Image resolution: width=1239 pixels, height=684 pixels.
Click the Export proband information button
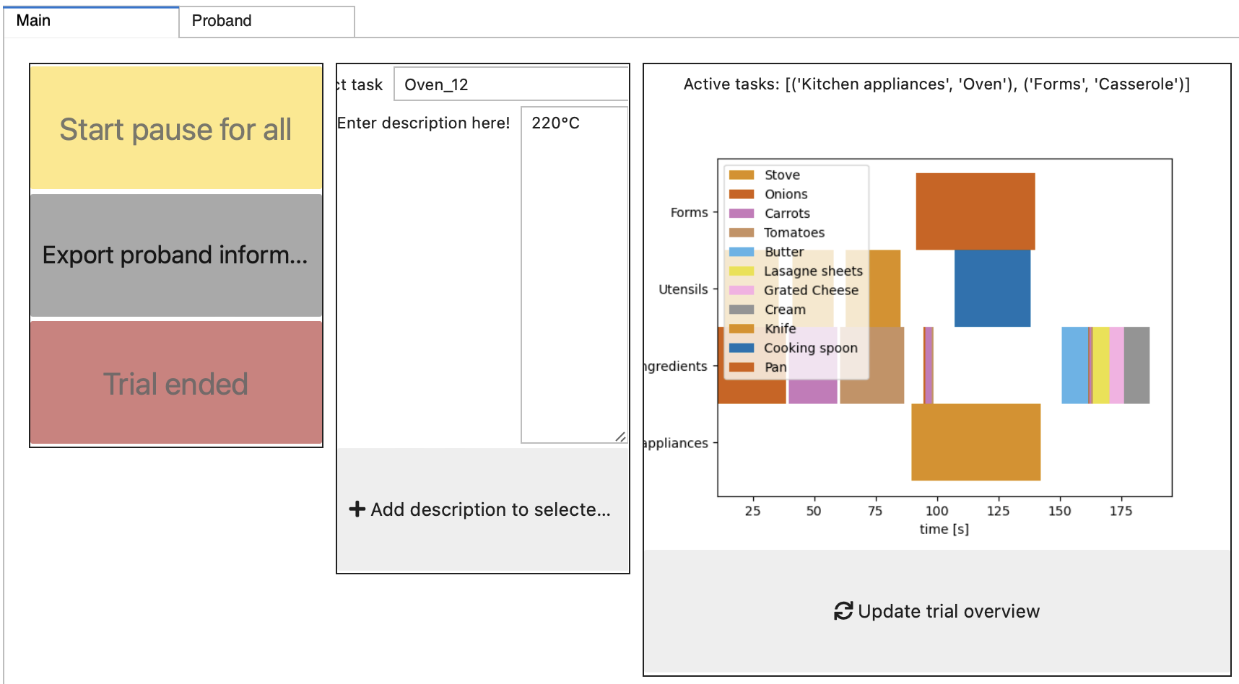tap(175, 255)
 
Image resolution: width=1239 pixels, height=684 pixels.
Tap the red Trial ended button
tap(175, 383)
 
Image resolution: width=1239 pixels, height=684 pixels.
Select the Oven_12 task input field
tap(511, 84)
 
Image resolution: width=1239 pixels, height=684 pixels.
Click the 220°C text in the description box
tap(555, 123)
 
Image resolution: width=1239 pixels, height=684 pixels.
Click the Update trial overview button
tap(936, 612)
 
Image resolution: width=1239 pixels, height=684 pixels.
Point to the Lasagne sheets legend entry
tap(812, 271)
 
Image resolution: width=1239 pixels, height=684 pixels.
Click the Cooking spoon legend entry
tap(810, 348)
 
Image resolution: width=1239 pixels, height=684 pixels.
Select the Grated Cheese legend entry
tap(811, 290)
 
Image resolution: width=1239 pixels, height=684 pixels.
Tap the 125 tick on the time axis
tap(998, 511)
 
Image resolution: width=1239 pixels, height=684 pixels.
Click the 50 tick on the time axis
tap(814, 511)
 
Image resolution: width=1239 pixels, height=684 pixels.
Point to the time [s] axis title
tap(944, 529)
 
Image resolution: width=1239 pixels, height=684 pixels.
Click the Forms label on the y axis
tap(689, 213)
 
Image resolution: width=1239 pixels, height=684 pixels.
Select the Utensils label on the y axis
tap(683, 289)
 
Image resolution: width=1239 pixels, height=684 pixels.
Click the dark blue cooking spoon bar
tap(992, 289)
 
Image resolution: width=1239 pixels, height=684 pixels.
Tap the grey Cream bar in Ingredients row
tap(1136, 365)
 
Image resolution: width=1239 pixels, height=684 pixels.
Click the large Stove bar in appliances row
tap(975, 442)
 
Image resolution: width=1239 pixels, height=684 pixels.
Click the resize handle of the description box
tap(620, 437)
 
